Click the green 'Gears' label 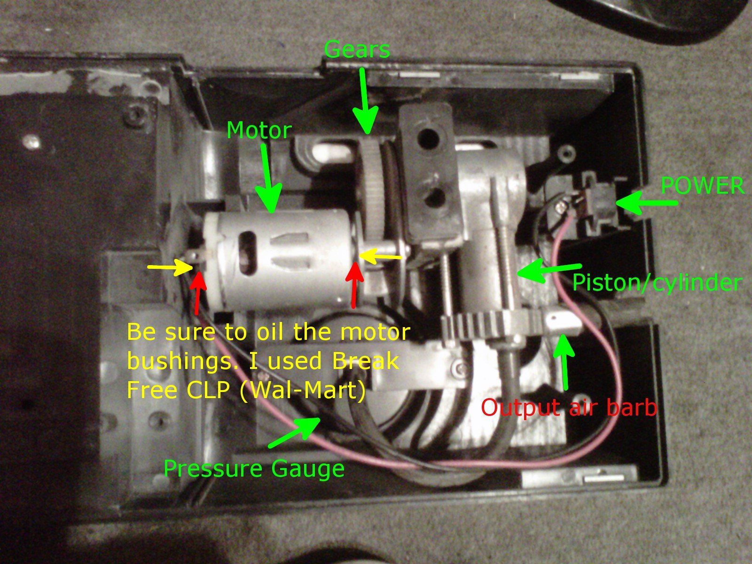pyautogui.click(x=357, y=49)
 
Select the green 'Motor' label pyautogui.click(x=259, y=131)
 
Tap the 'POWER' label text pyautogui.click(x=702, y=186)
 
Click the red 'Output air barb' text pyautogui.click(x=569, y=407)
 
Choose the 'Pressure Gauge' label pyautogui.click(x=254, y=469)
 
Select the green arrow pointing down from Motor pyautogui.click(x=270, y=178)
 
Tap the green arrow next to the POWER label pyautogui.click(x=646, y=203)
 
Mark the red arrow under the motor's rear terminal pyautogui.click(x=198, y=291)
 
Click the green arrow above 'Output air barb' pyautogui.click(x=564, y=361)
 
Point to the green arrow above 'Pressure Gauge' pyautogui.click(x=294, y=432)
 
